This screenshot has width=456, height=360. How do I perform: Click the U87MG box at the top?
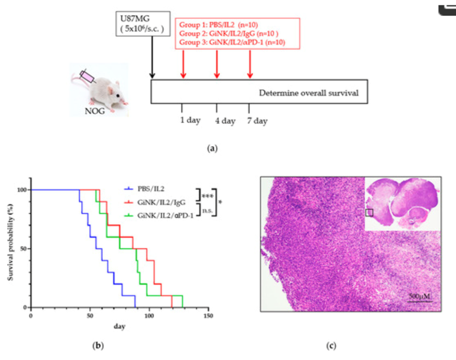143,25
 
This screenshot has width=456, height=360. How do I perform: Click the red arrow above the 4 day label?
216,64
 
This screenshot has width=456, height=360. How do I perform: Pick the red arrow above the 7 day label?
250,64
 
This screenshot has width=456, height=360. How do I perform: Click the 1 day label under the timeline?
190,121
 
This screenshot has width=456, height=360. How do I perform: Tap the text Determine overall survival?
308,93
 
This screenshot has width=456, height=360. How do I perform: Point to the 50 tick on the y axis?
23,248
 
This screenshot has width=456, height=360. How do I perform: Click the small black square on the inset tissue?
370,212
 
